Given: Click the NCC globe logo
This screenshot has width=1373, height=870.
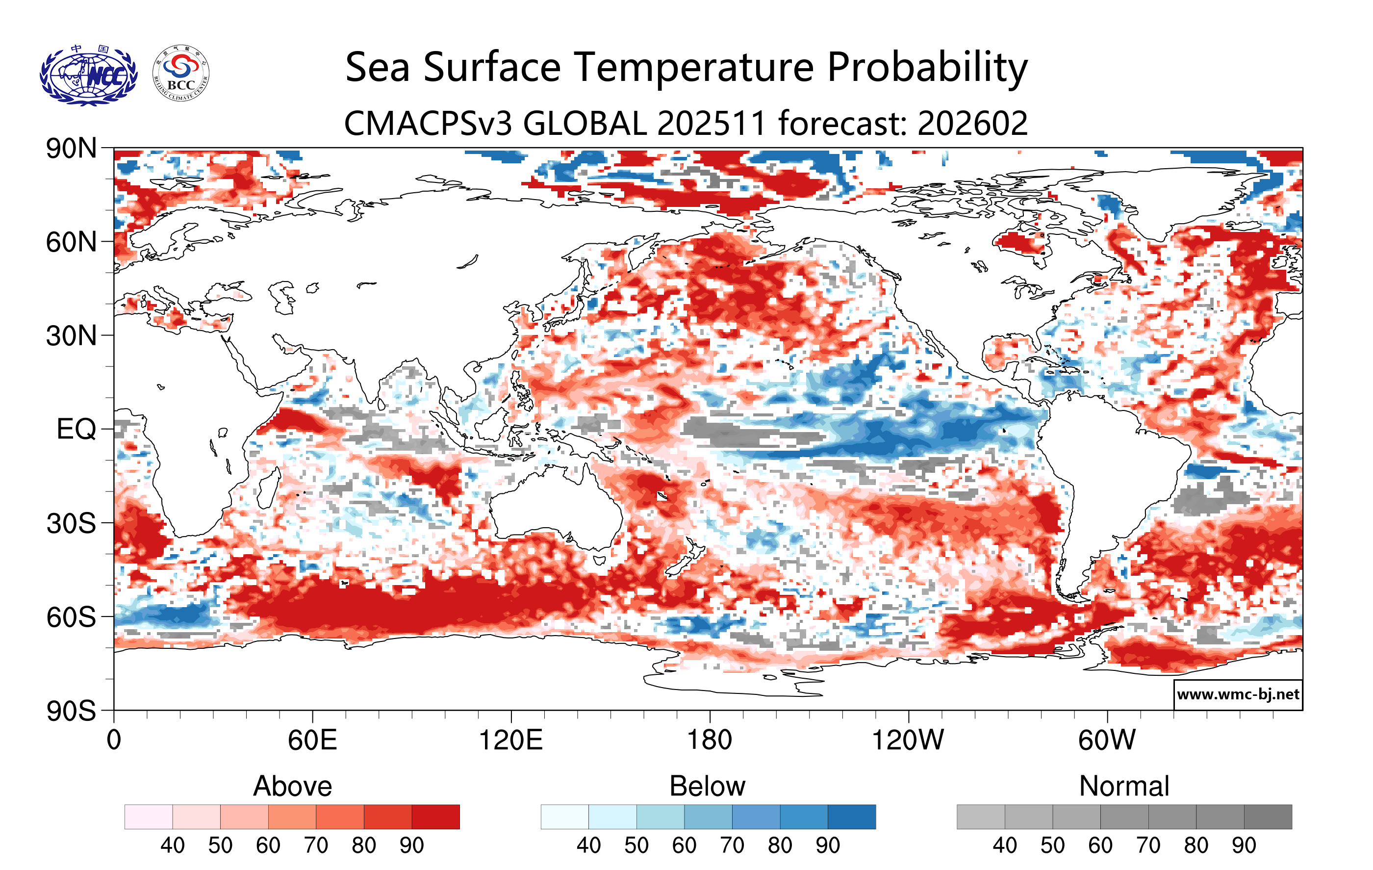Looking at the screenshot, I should click(x=88, y=75).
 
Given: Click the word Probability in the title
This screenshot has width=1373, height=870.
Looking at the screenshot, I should click(x=927, y=67).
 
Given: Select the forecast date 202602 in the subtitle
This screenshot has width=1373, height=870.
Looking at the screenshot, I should click(x=972, y=123).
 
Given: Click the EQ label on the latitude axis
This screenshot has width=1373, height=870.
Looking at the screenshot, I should click(x=76, y=429).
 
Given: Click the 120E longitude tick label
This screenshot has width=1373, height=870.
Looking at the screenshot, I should click(x=510, y=741).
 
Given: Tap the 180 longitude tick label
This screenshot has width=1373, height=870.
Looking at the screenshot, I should click(x=710, y=741).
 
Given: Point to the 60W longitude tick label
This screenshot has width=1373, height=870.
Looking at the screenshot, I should click(x=1107, y=741).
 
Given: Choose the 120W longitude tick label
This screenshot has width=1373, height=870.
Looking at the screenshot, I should click(x=908, y=741).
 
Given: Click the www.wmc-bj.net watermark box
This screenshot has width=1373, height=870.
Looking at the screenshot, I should click(x=1237, y=694).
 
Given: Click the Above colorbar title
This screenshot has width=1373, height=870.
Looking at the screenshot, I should click(x=293, y=786).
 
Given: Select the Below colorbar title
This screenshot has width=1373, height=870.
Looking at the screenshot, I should click(x=707, y=786).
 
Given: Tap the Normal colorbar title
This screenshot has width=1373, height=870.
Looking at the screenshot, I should click(x=1124, y=786).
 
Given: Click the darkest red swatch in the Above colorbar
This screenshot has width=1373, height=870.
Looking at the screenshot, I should click(x=435, y=817).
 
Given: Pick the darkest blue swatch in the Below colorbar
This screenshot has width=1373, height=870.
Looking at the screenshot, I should click(x=851, y=817).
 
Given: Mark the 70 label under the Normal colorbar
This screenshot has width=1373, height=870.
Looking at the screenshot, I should click(x=1148, y=845).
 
